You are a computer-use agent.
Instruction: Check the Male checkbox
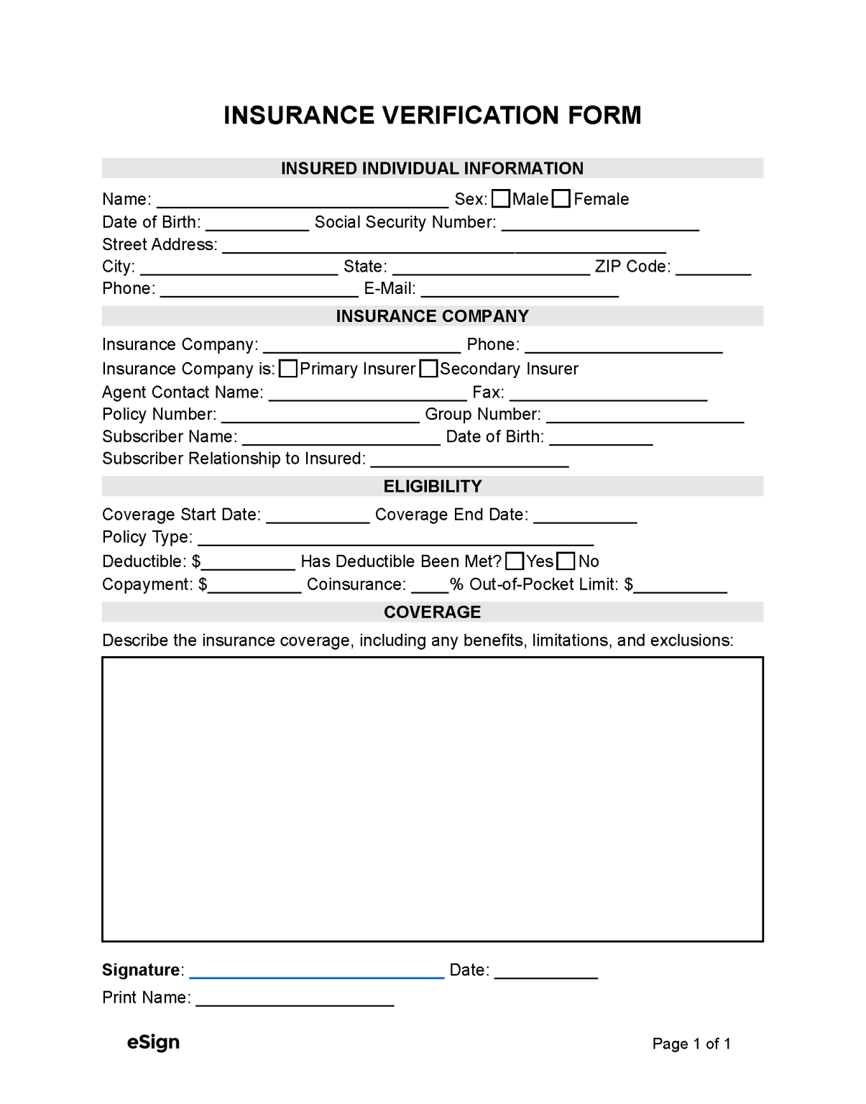point(501,199)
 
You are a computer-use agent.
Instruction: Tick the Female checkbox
point(561,199)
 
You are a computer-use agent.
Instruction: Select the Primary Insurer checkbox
point(288,369)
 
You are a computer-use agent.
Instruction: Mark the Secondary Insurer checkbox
point(428,369)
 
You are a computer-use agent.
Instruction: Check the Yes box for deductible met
point(515,561)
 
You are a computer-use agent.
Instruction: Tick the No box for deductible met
point(566,561)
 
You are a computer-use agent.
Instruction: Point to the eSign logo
point(153,1042)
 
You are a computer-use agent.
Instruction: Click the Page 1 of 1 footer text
point(691,1044)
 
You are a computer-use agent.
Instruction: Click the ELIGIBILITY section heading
point(433,487)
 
